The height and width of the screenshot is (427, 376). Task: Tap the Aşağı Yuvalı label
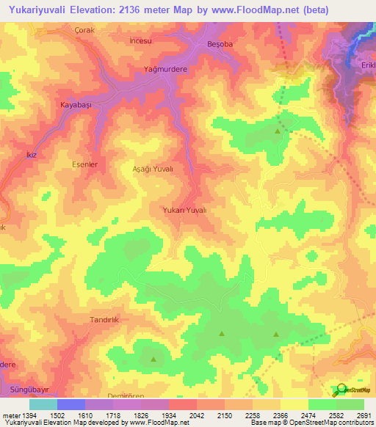point(153,169)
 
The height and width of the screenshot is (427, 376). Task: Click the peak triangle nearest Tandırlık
point(153,360)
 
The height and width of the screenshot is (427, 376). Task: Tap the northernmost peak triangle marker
point(277,131)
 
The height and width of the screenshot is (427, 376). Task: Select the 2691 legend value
point(364,415)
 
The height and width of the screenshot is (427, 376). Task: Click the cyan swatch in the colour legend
point(43,404)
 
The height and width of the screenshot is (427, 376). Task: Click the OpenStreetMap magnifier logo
point(339,390)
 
